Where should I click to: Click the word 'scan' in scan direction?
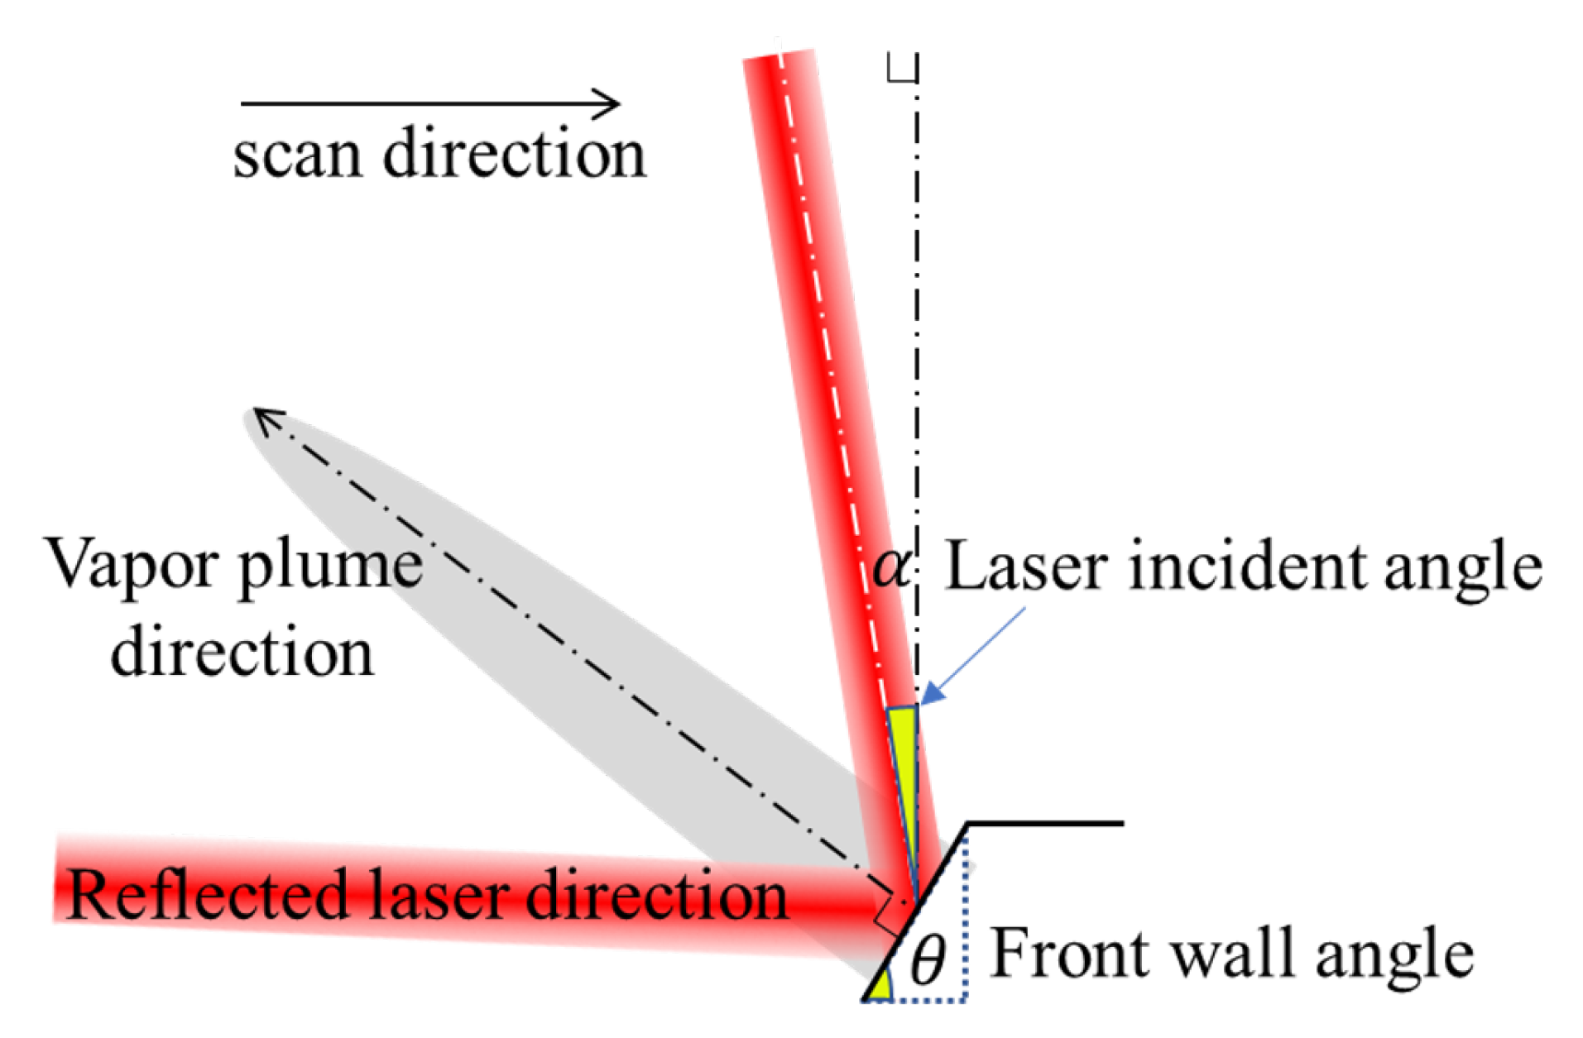click(x=296, y=155)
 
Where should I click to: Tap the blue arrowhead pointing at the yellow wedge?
click(x=933, y=693)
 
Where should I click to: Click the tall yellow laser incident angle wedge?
click(x=904, y=761)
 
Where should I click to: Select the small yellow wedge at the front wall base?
click(x=880, y=988)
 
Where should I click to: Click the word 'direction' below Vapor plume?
click(x=242, y=653)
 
